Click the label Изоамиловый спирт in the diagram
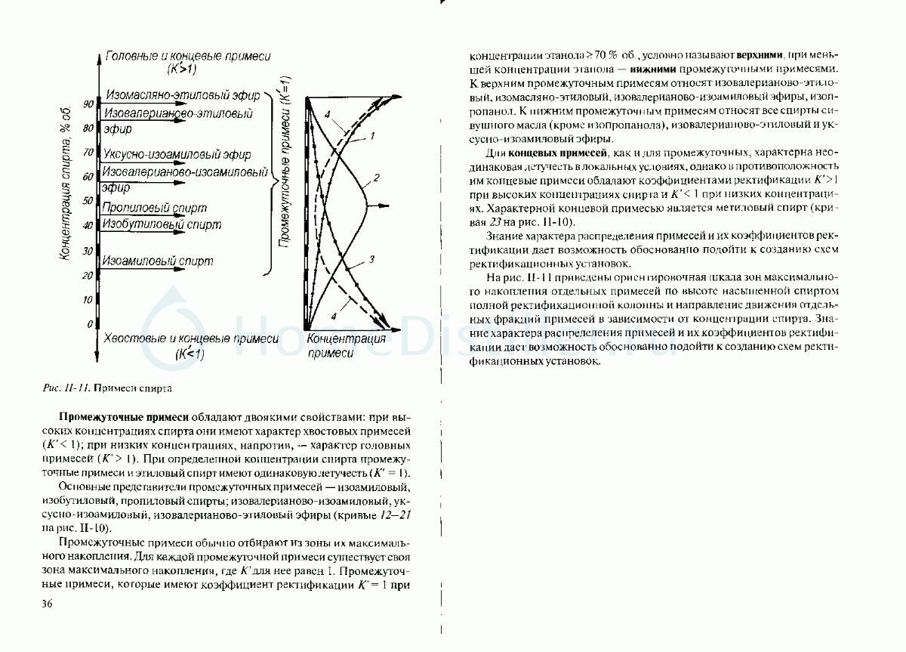[159, 261]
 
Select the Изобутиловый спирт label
[162, 224]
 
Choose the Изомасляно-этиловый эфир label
[183, 96]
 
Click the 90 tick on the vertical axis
[88, 104]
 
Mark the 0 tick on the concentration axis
[89, 324]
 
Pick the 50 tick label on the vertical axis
[88, 201]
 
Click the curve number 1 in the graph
[372, 136]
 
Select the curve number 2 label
[375, 179]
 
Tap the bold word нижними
[599, 70]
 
